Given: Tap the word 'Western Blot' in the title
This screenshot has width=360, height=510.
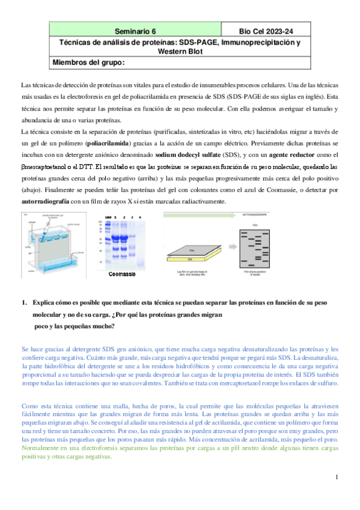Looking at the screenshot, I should (181, 52).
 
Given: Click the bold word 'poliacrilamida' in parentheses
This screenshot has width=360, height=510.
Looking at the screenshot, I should (112, 145).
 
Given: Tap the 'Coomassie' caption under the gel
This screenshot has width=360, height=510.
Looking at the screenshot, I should (122, 275).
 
